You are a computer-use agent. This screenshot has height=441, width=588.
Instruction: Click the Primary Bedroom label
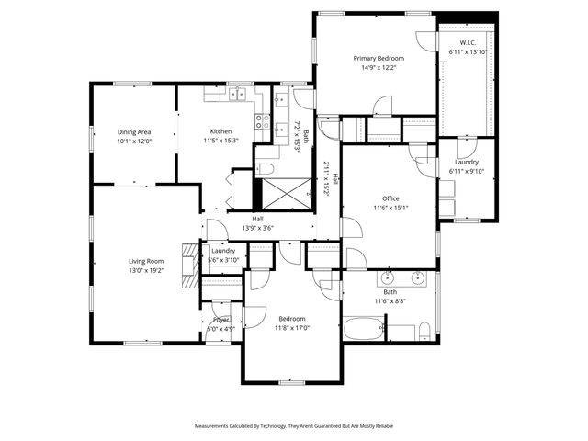point(379,58)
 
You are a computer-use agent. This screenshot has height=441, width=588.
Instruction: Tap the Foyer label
point(221,320)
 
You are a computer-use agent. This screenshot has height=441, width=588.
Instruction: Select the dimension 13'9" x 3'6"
point(258,228)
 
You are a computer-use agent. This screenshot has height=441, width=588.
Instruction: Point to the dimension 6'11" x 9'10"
point(467,172)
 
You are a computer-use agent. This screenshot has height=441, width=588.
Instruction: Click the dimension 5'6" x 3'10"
point(223,260)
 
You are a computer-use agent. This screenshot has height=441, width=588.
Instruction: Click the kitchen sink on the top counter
point(239,93)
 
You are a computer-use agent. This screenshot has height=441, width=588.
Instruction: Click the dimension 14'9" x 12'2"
point(379,67)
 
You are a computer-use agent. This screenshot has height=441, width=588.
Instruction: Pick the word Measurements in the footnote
point(215,426)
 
